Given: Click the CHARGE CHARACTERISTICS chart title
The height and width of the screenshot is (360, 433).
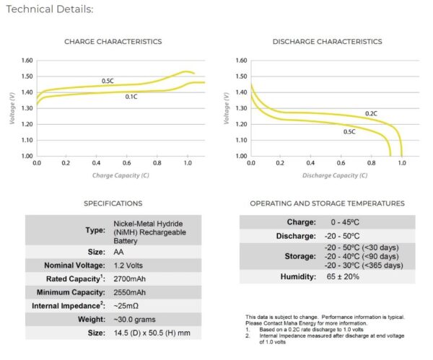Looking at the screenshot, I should tap(113, 42).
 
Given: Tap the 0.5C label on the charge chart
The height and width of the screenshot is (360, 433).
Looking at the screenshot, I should tap(108, 81).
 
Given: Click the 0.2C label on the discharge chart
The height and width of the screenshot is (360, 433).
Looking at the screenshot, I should tap(370, 113).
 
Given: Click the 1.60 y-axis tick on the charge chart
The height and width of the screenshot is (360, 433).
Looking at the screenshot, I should tap(27, 61).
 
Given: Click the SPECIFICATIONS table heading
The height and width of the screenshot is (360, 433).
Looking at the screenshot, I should tap(113, 204).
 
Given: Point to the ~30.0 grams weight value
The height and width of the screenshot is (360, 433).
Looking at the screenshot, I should tap(135, 320).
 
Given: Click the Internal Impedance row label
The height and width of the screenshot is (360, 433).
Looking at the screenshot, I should tap(66, 306).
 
